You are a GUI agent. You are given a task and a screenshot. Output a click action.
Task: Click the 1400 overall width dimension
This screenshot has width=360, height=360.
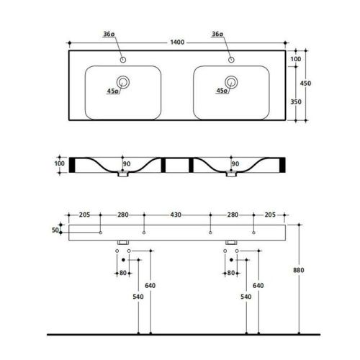[x=177, y=42]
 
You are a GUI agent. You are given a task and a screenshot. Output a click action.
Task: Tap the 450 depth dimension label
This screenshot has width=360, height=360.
[x=305, y=84]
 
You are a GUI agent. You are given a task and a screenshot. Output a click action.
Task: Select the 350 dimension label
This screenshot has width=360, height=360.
[x=296, y=102]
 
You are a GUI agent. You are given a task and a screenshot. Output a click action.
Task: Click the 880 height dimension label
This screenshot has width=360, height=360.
[x=299, y=270]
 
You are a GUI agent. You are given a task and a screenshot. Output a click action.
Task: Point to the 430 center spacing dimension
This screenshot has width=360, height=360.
[x=176, y=215]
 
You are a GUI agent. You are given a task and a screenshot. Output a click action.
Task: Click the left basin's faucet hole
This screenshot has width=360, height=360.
[x=123, y=60]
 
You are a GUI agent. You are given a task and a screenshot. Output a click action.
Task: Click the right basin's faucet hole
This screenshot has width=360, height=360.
[x=231, y=60]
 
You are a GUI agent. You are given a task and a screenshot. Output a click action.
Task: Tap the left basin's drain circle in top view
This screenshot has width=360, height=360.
[x=123, y=82]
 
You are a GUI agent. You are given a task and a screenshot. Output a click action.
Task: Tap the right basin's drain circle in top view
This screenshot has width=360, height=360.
[x=231, y=82]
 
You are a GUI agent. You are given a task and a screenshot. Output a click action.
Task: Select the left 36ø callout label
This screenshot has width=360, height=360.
[x=109, y=34]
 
